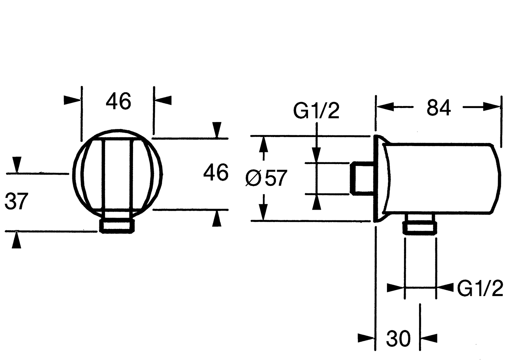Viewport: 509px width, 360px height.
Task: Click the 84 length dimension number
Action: [438, 107]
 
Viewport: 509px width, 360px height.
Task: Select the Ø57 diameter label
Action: [266, 178]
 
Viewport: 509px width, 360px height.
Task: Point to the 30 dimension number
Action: [398, 339]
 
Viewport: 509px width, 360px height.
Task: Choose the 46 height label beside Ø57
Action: [216, 173]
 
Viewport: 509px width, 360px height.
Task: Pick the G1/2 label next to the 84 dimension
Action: [316, 111]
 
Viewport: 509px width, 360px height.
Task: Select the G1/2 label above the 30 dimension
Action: [480, 288]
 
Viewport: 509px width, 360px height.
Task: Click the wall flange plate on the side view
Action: [379, 178]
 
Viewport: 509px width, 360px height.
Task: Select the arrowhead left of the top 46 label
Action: [72, 100]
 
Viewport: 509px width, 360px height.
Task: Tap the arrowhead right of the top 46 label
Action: [163, 100]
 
